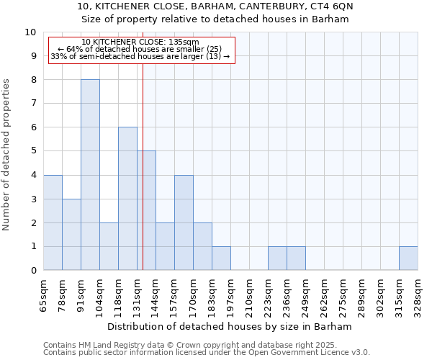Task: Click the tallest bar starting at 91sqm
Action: [90, 175]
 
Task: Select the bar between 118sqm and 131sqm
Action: [127, 199]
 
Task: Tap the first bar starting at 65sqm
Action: [53, 222]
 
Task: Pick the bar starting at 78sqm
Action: [71, 235]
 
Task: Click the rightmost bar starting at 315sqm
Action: [408, 258]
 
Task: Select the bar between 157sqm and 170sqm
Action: [184, 222]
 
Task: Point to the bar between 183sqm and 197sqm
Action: [221, 258]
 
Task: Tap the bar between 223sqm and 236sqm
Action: [277, 258]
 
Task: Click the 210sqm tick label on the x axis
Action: [249, 294]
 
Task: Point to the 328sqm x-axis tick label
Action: [418, 294]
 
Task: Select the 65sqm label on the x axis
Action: [43, 294]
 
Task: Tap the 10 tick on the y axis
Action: [30, 32]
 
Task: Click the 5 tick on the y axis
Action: [33, 151]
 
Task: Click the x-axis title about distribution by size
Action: [229, 326]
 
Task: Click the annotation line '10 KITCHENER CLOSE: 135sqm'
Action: [140, 42]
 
